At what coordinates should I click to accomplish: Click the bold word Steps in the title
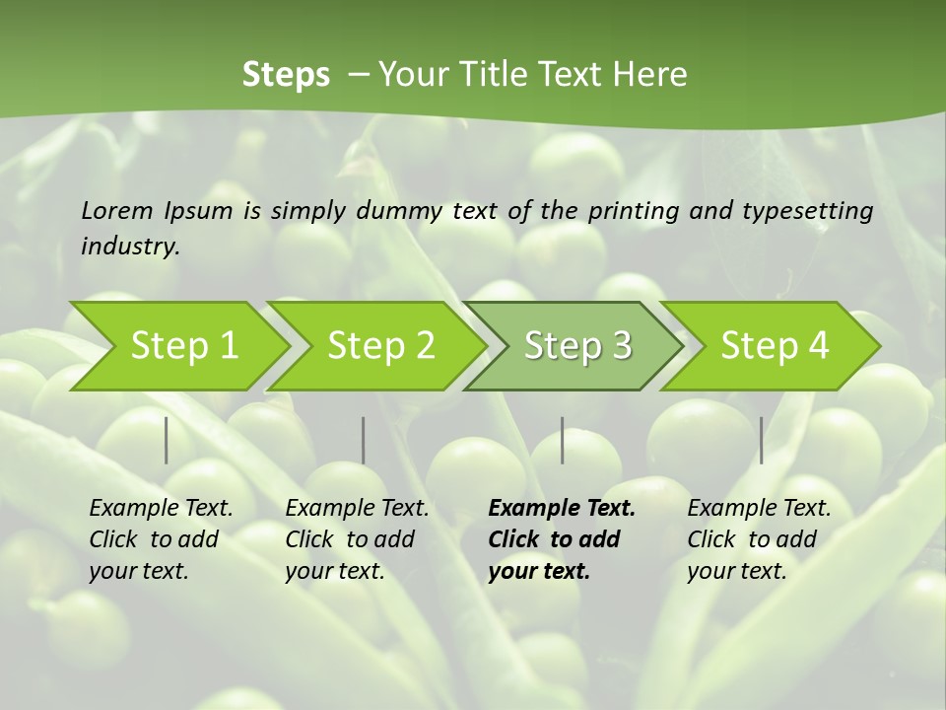tap(286, 75)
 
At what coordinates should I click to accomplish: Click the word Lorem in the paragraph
tap(117, 210)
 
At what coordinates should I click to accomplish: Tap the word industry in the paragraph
tap(130, 247)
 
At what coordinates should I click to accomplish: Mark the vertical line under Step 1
tap(167, 440)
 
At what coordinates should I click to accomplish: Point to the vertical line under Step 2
tap(364, 440)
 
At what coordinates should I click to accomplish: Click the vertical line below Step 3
tap(563, 440)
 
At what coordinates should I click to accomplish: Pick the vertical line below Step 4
tap(762, 440)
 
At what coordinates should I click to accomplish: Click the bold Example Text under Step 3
tap(562, 509)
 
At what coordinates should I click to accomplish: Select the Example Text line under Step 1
tap(161, 509)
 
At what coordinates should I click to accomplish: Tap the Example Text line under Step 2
tap(357, 509)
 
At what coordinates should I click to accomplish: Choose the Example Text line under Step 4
tap(759, 509)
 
